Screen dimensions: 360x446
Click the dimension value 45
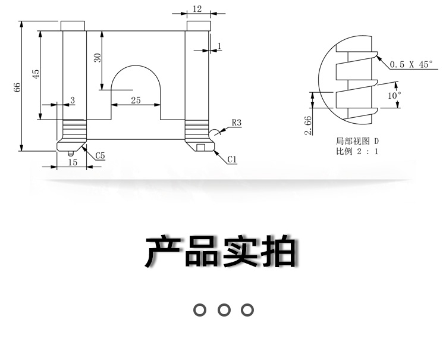36,74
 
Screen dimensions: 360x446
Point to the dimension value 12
197,8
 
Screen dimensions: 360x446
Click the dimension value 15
73,162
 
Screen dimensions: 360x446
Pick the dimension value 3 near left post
73,101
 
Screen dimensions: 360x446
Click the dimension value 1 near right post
219,46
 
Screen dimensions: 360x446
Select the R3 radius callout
235,123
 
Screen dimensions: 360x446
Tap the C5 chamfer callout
100,156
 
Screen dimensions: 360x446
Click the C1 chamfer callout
232,159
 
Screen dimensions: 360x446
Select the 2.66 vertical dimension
308,125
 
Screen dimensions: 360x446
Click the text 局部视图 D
356,142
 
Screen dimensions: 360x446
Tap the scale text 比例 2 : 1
356,152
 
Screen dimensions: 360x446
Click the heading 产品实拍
221,252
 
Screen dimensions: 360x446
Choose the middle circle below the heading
224,309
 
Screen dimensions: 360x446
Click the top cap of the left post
74,26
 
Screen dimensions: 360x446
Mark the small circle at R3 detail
213,132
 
